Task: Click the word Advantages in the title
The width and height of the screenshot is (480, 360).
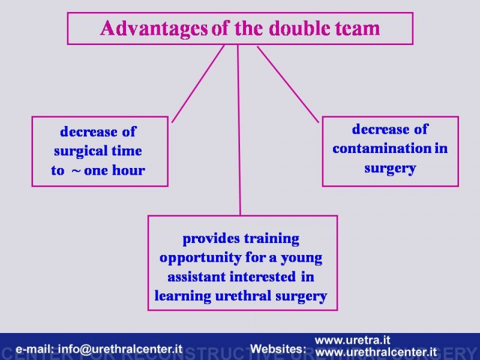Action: coord(154,29)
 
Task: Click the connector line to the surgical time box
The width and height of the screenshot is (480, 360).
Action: coord(198,84)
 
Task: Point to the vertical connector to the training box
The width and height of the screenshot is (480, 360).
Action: coord(239,130)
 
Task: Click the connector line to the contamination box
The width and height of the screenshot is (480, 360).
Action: coord(288,84)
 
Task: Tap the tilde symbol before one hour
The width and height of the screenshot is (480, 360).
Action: coord(76,171)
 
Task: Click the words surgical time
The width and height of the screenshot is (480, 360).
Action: coord(98,151)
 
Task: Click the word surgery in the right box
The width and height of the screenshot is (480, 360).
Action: coord(390,169)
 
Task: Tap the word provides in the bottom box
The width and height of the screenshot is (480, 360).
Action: coord(211,239)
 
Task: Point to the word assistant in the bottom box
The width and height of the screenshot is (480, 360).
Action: coord(197,277)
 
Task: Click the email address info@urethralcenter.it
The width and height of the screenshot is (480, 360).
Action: coord(120,349)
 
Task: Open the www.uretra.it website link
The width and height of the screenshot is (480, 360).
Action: coord(352,340)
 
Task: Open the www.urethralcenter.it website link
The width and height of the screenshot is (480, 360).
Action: coord(376,352)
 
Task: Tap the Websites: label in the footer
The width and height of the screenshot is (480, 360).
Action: coord(278,349)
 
